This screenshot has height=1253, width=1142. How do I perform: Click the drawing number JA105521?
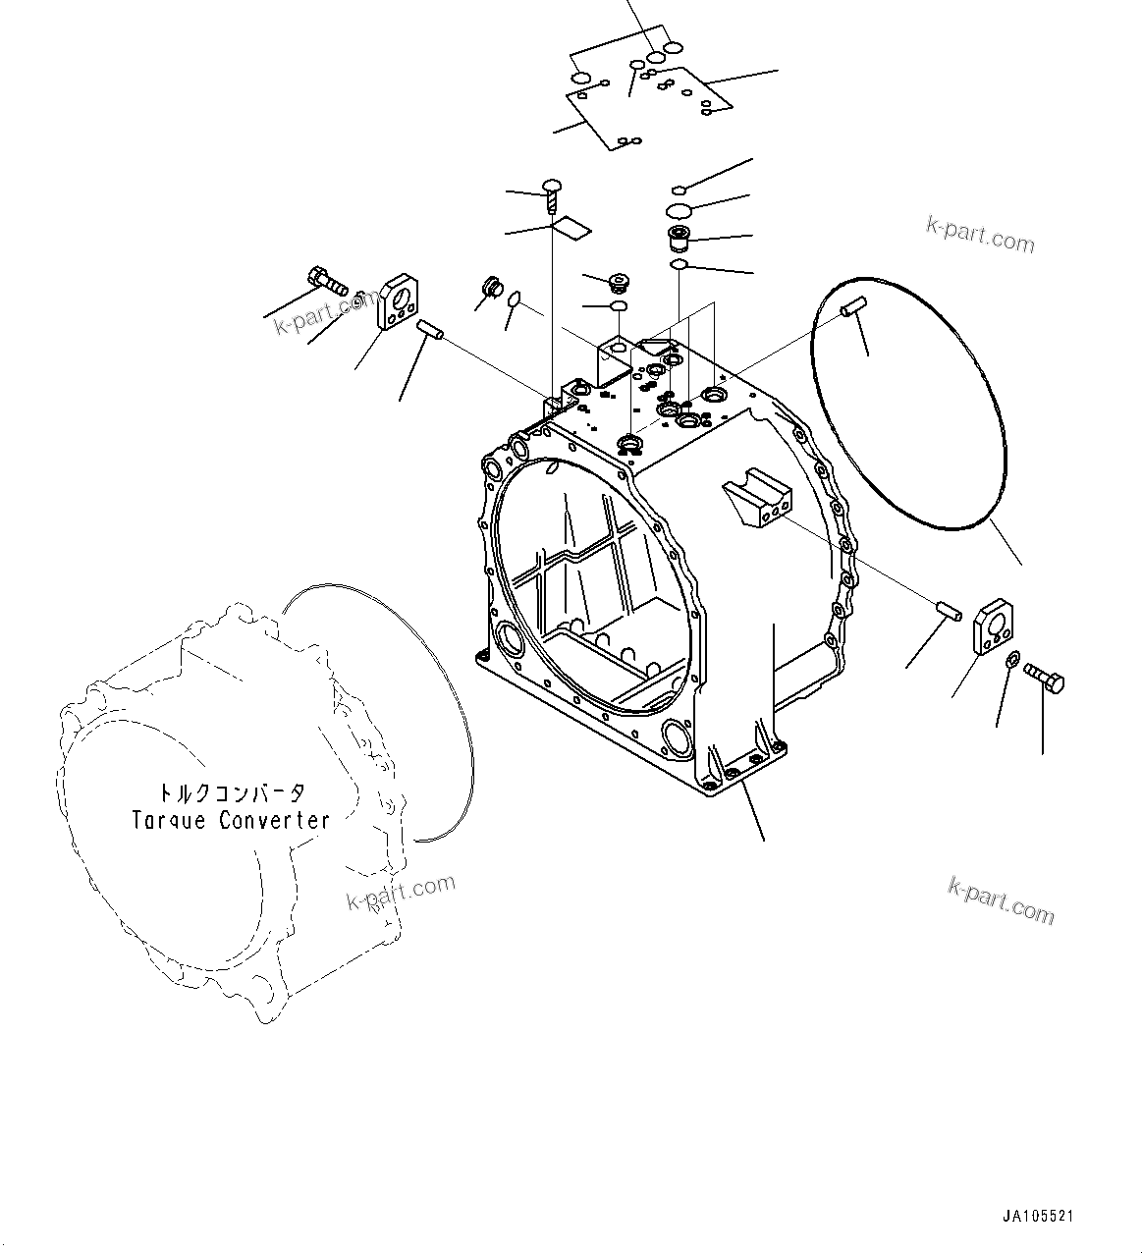click(1038, 1216)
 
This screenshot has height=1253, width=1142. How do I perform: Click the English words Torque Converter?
click(231, 820)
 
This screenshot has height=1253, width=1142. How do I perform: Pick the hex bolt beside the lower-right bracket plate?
click(1045, 678)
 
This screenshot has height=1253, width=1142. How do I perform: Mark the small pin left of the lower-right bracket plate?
click(947, 609)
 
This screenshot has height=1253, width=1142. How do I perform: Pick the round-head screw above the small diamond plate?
click(553, 191)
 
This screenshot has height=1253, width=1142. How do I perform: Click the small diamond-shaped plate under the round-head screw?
click(571, 230)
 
